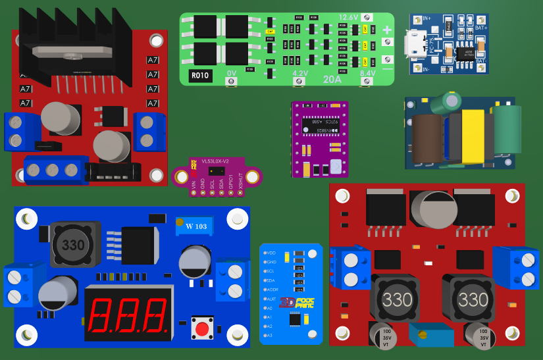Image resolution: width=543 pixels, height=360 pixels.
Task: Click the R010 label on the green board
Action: pos(200,76)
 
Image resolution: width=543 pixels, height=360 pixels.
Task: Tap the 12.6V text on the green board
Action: pos(348,17)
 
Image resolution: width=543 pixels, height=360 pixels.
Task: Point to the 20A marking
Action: pos(332,79)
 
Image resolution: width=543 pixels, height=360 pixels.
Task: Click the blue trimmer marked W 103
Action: pos(193,226)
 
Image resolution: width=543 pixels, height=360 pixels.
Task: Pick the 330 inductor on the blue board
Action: pos(73,245)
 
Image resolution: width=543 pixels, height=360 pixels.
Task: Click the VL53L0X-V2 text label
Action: pos(215,161)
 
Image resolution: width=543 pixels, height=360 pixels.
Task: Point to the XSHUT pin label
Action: pos(241,186)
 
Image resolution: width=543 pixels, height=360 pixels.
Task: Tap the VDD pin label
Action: pos(270,253)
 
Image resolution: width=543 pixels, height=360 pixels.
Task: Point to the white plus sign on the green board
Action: pos(387,30)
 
